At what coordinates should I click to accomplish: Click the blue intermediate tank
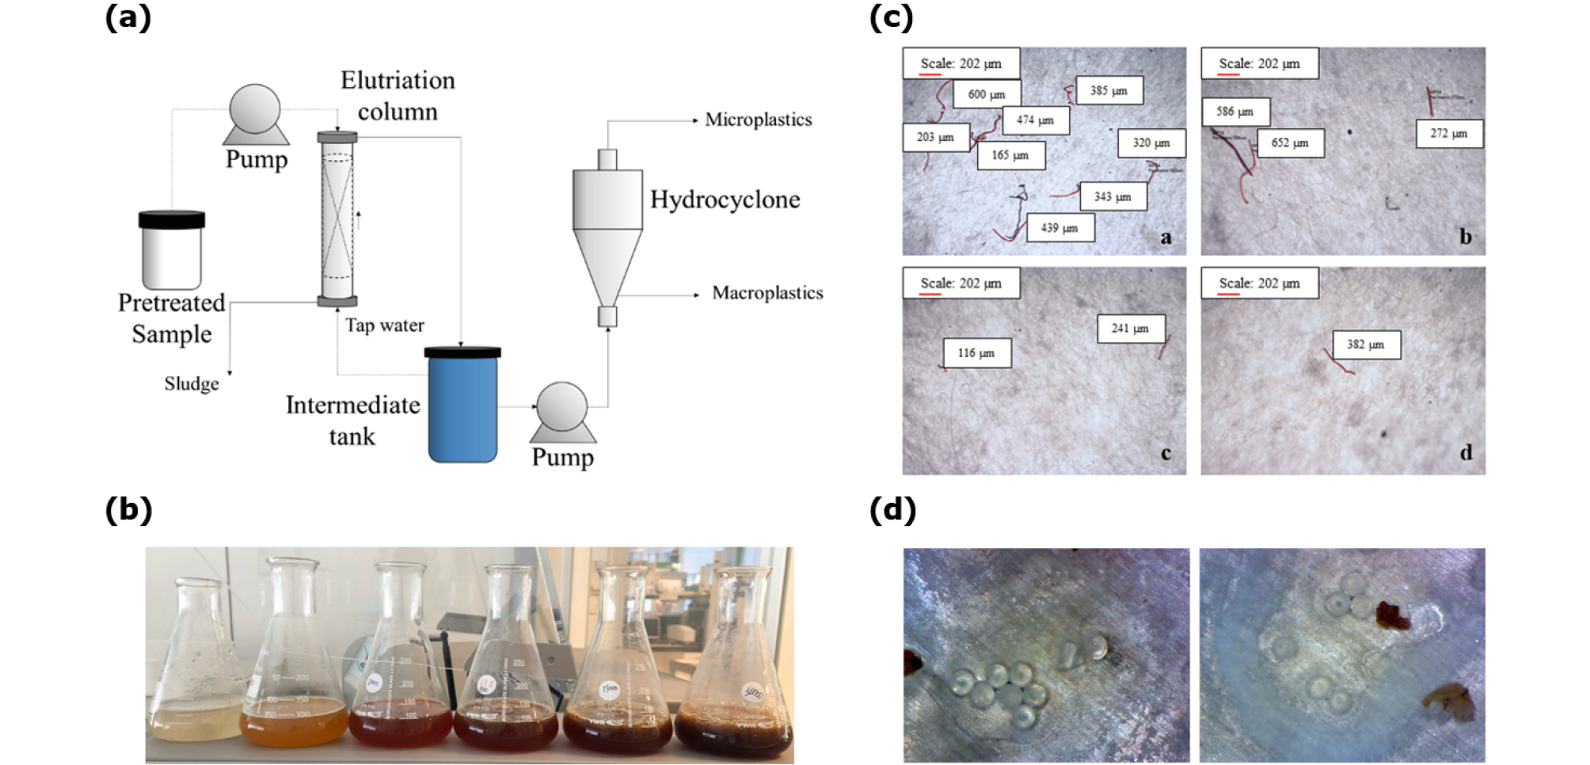463,408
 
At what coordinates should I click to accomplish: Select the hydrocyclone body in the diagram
607,230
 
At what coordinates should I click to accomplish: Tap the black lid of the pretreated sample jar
172,219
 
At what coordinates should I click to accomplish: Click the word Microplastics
758,120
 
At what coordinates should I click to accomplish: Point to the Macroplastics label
767,293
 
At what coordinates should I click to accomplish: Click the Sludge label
192,384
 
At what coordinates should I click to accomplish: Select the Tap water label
384,325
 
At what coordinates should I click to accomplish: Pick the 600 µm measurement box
987,94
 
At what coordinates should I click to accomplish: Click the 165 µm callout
1010,155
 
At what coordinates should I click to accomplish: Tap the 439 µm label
1059,228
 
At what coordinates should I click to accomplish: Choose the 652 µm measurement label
1290,143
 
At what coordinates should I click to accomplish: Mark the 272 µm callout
1448,134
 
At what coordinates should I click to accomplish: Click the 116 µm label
976,353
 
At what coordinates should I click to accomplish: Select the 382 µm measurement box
1366,344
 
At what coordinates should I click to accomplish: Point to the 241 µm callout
1130,329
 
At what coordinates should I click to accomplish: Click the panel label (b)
128,510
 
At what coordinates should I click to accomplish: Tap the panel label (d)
892,510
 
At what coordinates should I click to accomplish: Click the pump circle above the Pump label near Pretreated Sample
255,109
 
